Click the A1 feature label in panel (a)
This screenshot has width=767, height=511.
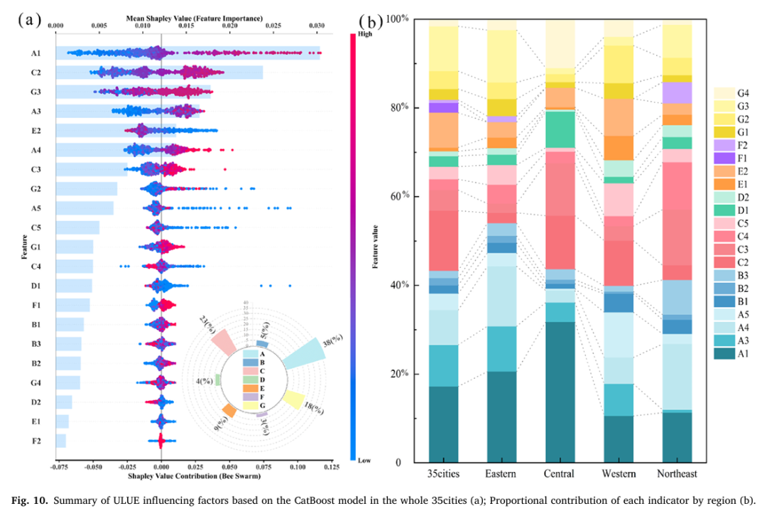[36, 53]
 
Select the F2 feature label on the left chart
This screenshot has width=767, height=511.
[36, 441]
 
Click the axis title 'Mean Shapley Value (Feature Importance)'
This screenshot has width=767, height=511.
[195, 17]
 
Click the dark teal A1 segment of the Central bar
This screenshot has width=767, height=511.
[560, 392]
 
